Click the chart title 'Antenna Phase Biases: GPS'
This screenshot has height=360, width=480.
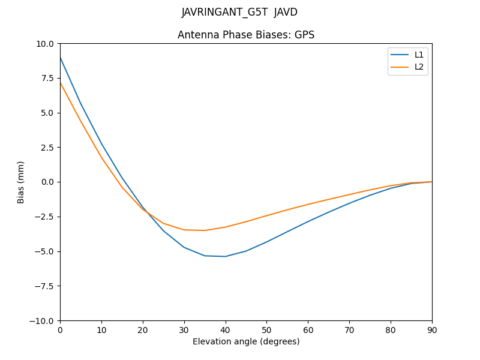246,35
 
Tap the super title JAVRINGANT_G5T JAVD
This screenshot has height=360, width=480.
239,12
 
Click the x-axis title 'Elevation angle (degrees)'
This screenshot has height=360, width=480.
246,341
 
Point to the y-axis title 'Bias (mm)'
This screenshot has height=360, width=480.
21,182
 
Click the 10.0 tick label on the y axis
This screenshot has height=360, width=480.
46,44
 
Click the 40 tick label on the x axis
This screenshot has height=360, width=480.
225,329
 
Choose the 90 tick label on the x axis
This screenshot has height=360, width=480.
432,329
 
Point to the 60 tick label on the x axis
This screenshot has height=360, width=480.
308,329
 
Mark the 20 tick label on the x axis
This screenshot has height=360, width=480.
143,329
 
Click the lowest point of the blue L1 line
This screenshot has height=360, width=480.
225,256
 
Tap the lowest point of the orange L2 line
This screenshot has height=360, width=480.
204,230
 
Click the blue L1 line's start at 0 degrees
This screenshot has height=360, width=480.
60,58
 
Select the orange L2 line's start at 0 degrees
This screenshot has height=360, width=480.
60,82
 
